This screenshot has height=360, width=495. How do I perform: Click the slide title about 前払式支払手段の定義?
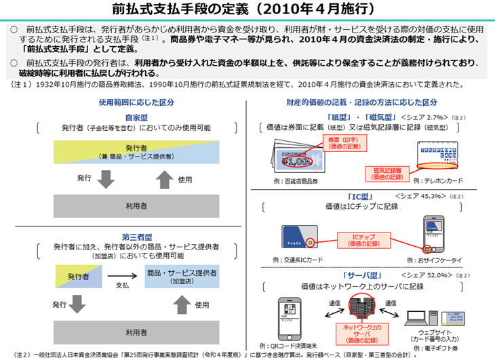(x=247, y=9)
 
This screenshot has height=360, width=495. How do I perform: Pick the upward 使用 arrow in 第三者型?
(x=165, y=305)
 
